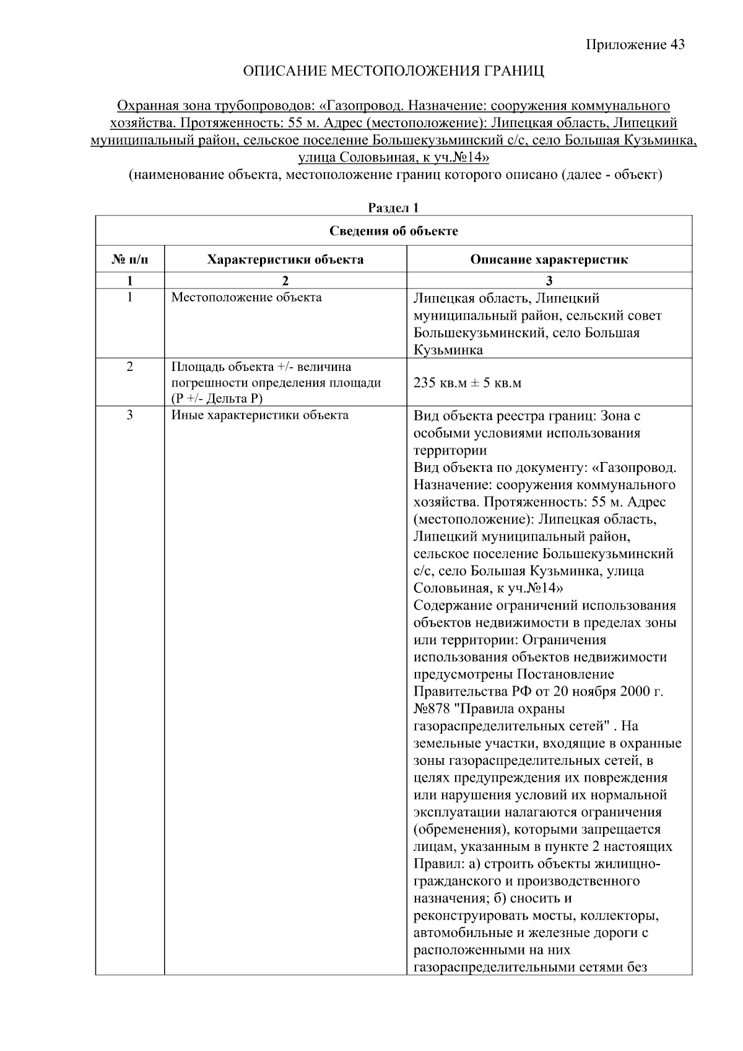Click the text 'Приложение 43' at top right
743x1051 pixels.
(x=635, y=45)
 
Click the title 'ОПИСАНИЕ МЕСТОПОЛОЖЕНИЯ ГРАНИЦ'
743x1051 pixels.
(x=394, y=71)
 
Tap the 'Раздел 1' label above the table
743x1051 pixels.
(x=393, y=208)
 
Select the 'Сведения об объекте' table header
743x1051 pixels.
(x=393, y=232)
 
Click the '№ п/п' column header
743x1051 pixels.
(x=130, y=259)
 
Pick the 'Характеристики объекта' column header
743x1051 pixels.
(x=285, y=259)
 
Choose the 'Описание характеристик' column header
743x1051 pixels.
(x=549, y=259)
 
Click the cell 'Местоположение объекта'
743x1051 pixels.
(x=246, y=297)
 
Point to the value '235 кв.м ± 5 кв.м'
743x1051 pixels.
(x=467, y=383)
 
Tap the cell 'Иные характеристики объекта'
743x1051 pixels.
(x=260, y=415)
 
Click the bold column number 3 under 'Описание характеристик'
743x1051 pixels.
(x=549, y=281)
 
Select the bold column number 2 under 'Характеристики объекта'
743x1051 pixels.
(x=285, y=281)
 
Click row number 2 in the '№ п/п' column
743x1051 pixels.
(x=130, y=367)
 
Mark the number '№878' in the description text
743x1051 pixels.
(x=432, y=709)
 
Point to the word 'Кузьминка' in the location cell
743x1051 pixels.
(x=448, y=351)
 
